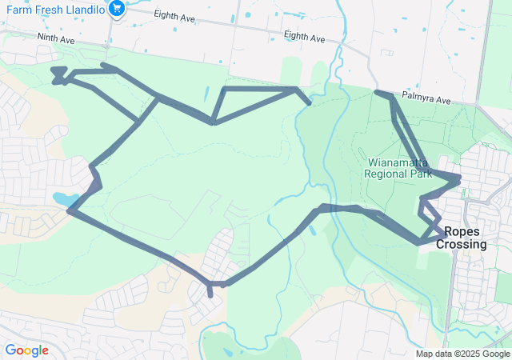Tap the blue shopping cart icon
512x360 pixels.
pyautogui.click(x=118, y=9)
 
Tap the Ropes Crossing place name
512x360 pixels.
pyautogui.click(x=462, y=238)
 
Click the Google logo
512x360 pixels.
pyautogui.click(x=26, y=350)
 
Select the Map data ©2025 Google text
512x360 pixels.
pyautogui.click(x=462, y=354)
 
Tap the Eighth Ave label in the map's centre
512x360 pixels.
pyautogui.click(x=305, y=38)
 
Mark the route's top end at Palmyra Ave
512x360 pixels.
pyautogui.click(x=378, y=94)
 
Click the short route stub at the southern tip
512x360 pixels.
pyautogui.click(x=210, y=292)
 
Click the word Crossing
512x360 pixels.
pyautogui.click(x=462, y=244)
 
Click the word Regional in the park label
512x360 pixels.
pyautogui.click(x=384, y=171)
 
